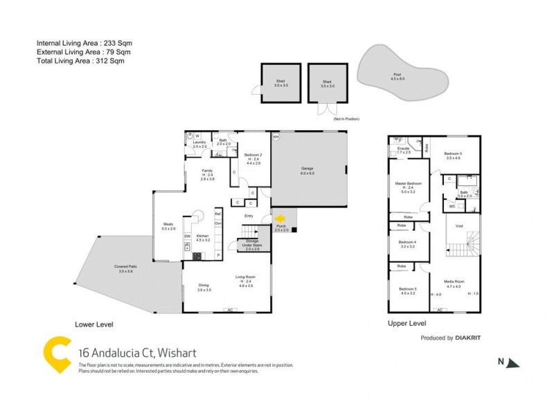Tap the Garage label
coord(307,170)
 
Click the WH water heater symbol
coord(276,136)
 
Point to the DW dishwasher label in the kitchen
coord(187,237)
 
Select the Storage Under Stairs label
coord(252,247)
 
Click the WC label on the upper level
coord(452,205)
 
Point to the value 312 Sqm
coord(111,61)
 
